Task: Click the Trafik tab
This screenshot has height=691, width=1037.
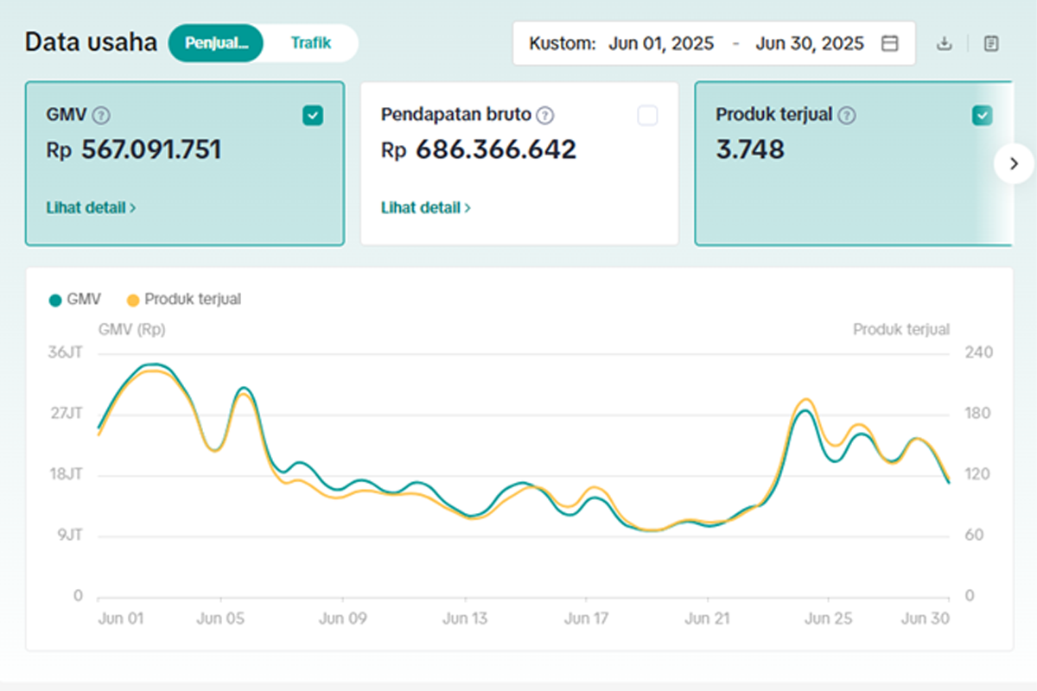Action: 310,43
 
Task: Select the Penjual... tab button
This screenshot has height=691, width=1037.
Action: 216,43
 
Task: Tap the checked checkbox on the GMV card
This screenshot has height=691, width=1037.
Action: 313,115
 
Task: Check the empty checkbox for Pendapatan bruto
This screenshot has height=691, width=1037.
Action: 647,115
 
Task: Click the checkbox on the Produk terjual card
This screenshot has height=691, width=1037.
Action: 983,115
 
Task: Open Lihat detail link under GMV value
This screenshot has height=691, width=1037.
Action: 91,208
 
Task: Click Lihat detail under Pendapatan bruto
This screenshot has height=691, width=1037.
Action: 425,208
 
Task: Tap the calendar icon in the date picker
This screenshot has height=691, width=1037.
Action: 889,43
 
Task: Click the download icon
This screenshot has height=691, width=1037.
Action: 945,43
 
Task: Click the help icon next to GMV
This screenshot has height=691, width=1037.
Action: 101,115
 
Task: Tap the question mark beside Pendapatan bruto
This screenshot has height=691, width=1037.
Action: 545,115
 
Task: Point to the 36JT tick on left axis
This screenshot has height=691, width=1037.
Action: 66,352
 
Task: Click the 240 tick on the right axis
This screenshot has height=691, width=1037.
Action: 978,352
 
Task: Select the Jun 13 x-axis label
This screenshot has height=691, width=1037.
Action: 465,618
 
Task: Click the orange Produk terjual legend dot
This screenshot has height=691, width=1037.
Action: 133,301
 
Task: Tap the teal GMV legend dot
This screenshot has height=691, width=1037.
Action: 55,301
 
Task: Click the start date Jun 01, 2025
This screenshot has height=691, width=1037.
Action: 661,43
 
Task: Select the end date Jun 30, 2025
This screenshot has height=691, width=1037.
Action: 810,43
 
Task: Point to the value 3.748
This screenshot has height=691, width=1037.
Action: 750,149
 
